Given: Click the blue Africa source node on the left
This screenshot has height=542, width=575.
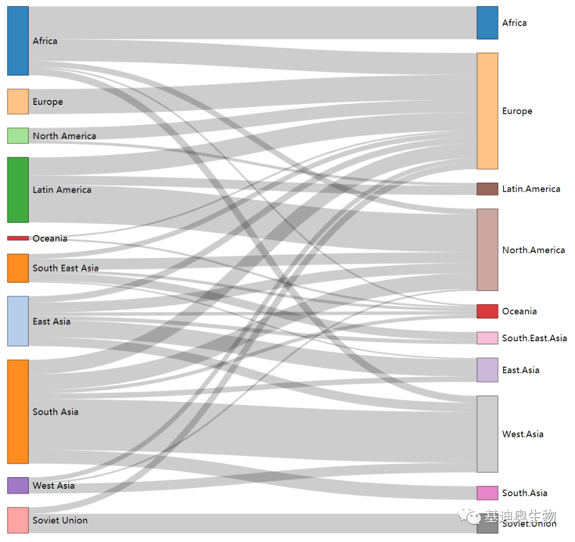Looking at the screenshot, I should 18,41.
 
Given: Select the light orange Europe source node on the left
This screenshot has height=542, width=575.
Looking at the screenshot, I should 18,102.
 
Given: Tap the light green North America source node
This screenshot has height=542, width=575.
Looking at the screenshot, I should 18,136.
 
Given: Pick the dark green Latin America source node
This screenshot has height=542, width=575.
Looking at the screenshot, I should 18,190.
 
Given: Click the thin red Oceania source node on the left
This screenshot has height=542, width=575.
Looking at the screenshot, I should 18,239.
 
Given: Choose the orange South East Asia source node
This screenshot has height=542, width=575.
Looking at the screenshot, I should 18,268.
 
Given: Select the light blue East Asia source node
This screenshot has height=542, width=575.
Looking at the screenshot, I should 18,321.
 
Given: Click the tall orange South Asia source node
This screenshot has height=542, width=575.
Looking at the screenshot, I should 18,412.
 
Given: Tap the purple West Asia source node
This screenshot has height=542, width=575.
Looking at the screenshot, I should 18,486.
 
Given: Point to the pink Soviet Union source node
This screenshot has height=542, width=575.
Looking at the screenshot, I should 18,520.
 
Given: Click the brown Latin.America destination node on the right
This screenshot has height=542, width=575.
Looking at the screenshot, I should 487,189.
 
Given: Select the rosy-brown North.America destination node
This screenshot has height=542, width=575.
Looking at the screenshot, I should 487,250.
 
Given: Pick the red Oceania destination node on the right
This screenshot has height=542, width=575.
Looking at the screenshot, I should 487,311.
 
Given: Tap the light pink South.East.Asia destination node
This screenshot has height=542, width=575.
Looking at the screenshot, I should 487,338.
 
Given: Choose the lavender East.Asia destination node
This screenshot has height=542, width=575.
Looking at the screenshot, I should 487,370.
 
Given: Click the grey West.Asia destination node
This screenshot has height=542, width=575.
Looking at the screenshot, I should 487,434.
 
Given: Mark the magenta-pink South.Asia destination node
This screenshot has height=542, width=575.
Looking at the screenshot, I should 487,493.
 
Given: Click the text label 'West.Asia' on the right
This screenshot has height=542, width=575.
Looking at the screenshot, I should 522,434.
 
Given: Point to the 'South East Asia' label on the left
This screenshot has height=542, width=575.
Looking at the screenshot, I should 65,268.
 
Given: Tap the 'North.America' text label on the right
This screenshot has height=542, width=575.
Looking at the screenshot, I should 533,250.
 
